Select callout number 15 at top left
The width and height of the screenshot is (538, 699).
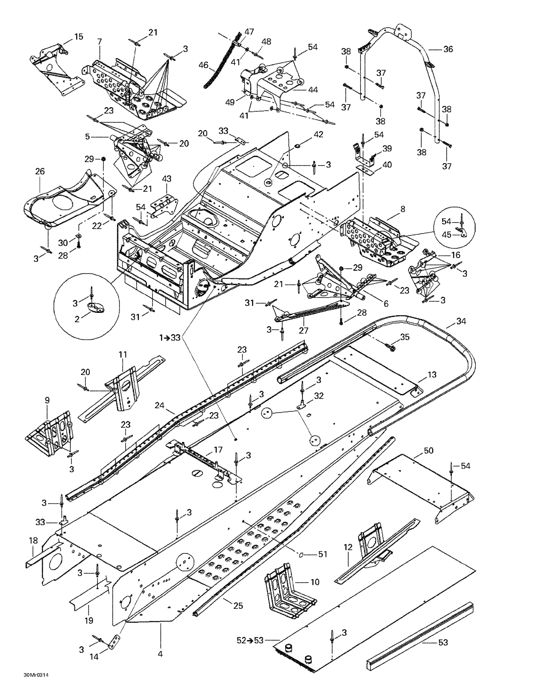(78, 37)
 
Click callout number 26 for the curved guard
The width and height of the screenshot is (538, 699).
(40, 171)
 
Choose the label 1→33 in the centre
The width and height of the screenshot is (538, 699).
(170, 337)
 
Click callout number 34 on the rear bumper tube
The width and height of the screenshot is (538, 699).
(461, 321)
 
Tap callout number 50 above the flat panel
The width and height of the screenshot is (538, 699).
(428, 451)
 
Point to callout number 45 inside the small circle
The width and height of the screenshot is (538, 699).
(447, 235)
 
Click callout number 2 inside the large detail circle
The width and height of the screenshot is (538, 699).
(77, 319)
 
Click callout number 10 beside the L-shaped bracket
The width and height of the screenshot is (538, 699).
(315, 582)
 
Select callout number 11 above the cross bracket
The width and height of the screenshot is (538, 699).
(123, 355)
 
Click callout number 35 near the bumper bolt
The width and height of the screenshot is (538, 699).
(405, 337)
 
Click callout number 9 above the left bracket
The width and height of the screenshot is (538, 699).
(47, 400)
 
